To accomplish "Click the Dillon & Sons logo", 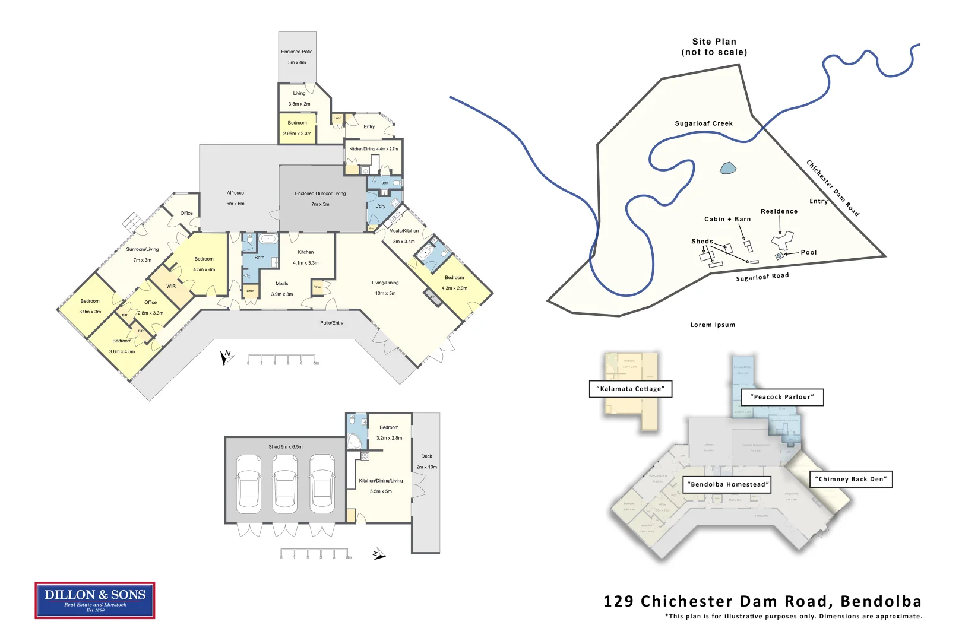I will click(x=95, y=600).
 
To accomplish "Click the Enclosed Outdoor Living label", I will click(x=320, y=193).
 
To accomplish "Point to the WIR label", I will click(x=171, y=286).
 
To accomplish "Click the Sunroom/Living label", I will click(x=143, y=250).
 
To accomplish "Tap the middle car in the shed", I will click(x=286, y=484).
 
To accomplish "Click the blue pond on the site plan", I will click(x=727, y=169).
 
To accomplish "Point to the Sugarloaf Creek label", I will click(x=704, y=123).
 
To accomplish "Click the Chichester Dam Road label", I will click(x=833, y=188).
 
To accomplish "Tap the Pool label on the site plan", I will click(x=808, y=252).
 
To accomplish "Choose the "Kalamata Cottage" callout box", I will click(x=631, y=389).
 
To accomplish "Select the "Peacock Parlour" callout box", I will click(x=782, y=397).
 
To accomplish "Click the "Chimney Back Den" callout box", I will click(x=851, y=479).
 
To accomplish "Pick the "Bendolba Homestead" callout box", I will click(x=727, y=484).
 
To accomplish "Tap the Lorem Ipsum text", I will click(x=713, y=325).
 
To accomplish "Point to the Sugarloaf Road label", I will click(x=762, y=277).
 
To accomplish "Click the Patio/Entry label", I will click(x=331, y=323).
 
